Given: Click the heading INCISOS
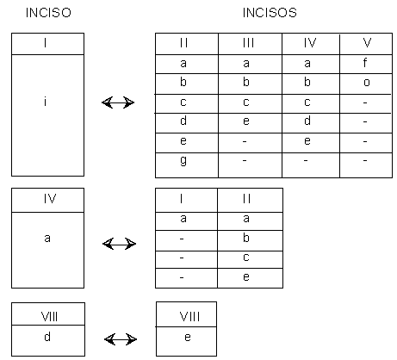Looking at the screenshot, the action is pyautogui.click(x=270, y=13).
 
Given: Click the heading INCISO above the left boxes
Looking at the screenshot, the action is pyautogui.click(x=48, y=13).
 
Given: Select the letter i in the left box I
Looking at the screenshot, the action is pyautogui.click(x=45, y=102).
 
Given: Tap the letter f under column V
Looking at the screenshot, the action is pyautogui.click(x=365, y=62).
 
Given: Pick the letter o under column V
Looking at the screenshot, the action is pyautogui.click(x=367, y=83).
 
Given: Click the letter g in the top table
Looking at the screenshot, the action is pyautogui.click(x=183, y=161).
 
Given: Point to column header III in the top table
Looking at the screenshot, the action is pyautogui.click(x=248, y=43).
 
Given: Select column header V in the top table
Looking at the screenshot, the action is pyautogui.click(x=367, y=43).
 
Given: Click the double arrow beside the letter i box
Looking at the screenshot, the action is pyautogui.click(x=118, y=102).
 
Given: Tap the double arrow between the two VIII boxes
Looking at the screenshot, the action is pyautogui.click(x=121, y=339).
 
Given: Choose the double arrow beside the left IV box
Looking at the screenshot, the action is pyautogui.click(x=119, y=244).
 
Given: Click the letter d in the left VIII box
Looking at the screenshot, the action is pyautogui.click(x=47, y=337).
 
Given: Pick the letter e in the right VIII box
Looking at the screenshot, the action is pyautogui.click(x=188, y=338).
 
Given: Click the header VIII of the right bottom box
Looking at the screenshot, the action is pyautogui.click(x=189, y=317).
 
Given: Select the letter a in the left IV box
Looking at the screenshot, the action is pyautogui.click(x=47, y=239).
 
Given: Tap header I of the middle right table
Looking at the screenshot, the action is pyautogui.click(x=182, y=199).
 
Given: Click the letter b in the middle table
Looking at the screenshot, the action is pyautogui.click(x=246, y=238).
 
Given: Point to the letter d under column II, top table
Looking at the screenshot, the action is pyautogui.click(x=183, y=121).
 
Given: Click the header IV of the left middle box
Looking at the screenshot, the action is pyautogui.click(x=50, y=199).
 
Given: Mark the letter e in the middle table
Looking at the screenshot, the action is pyautogui.click(x=246, y=276).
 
